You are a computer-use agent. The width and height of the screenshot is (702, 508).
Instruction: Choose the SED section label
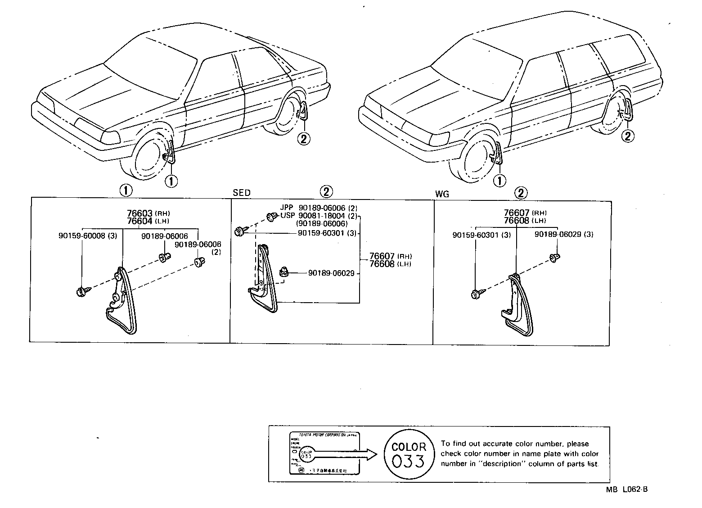tap(242, 193)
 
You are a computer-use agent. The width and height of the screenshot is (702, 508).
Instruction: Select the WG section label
tap(442, 194)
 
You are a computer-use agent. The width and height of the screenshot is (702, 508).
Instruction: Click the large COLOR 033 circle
tap(408, 454)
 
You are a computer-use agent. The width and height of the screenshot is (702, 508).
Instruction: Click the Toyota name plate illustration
tap(324, 454)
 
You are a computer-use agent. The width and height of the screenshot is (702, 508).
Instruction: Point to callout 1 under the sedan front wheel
tap(171, 181)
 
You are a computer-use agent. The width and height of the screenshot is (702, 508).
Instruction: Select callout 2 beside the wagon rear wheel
tap(628, 135)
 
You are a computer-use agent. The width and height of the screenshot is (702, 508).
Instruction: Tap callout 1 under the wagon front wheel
tap(499, 181)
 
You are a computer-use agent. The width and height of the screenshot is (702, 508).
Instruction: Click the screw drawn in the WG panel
tap(477, 295)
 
